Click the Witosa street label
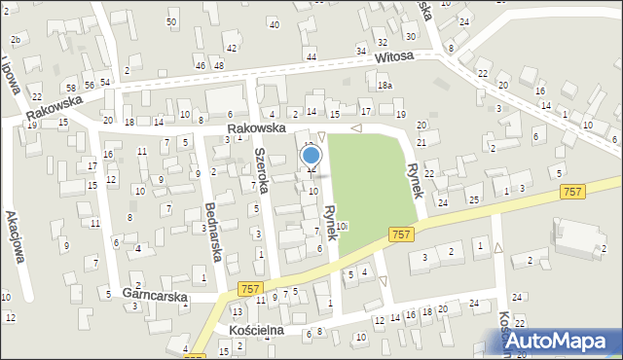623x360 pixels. (396, 57)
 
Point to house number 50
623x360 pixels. (171, 21)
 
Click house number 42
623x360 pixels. (231, 48)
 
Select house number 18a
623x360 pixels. (385, 86)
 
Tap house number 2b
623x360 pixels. (15, 40)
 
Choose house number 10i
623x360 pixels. (343, 226)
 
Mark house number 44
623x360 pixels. (311, 57)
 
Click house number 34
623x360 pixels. (361, 51)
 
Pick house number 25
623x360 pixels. (473, 199)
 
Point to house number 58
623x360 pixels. (71, 87)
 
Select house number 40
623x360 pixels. (274, 24)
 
